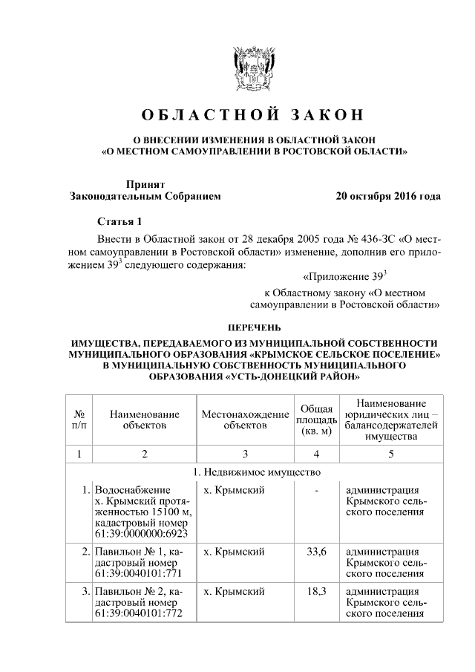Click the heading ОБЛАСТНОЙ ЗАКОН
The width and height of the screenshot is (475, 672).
click(x=252, y=115)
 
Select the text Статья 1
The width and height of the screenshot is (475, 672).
click(x=119, y=221)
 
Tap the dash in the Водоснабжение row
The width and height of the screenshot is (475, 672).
click(x=317, y=490)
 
